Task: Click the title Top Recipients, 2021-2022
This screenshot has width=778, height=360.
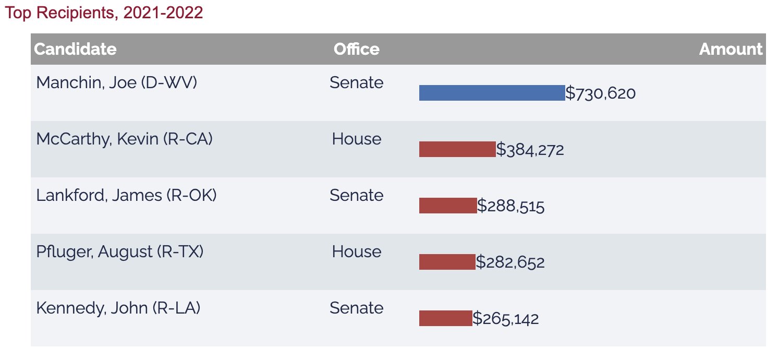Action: tap(103, 13)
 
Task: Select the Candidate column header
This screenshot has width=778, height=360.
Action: tap(75, 49)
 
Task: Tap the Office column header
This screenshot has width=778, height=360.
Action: tap(357, 49)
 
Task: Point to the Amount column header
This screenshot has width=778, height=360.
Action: tap(731, 49)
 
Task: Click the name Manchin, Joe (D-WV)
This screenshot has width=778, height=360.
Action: tap(116, 82)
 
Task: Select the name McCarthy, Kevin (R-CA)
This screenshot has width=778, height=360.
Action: tap(124, 139)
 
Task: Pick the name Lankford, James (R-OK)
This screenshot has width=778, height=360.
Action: tap(126, 195)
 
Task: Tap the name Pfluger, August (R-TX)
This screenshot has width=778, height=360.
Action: tap(119, 251)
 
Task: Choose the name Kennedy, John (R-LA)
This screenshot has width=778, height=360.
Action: tap(118, 308)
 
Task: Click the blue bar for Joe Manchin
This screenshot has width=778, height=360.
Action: tap(492, 93)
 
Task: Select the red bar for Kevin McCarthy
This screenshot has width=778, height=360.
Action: tap(457, 149)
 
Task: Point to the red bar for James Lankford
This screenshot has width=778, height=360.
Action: tap(448, 206)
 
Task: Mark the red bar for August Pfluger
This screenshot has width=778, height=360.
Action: tap(447, 262)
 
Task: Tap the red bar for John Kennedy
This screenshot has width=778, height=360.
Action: tap(445, 318)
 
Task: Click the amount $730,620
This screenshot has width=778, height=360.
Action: tap(601, 93)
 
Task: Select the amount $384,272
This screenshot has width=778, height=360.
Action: tap(530, 150)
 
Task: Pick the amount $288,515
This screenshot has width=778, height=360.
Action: tap(511, 206)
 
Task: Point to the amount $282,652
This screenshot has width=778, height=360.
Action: tap(510, 262)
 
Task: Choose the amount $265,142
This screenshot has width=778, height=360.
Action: tap(506, 319)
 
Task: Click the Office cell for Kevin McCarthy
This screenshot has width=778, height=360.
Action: tap(357, 139)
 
